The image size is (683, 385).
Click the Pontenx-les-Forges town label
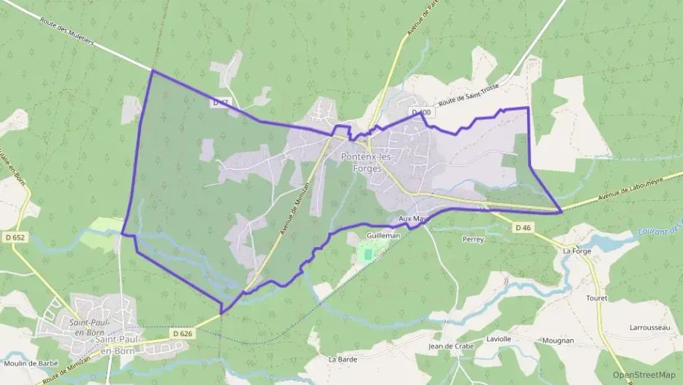pyautogui.click(x=366, y=161)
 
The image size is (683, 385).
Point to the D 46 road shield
pyautogui.click(x=523, y=228)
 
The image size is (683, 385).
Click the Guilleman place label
pyautogui.click(x=384, y=236)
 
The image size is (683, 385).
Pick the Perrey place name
pyautogui.click(x=473, y=239)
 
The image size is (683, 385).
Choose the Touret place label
pyautogui.click(x=596, y=298)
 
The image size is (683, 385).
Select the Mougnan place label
pyautogui.click(x=558, y=340)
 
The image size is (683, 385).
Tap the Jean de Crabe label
pyautogui.click(x=452, y=346)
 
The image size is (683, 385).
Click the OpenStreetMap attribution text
pyautogui.click(x=643, y=375)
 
